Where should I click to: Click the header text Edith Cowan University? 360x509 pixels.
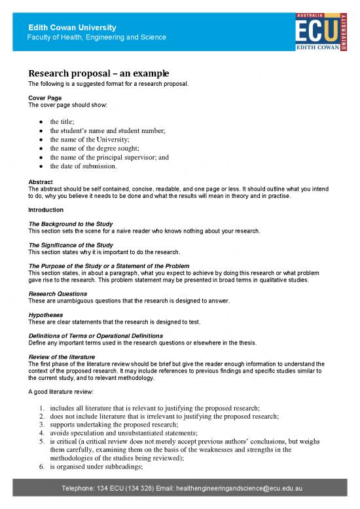click(x=72, y=28)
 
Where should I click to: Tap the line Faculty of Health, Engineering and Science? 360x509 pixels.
click(x=96, y=37)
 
